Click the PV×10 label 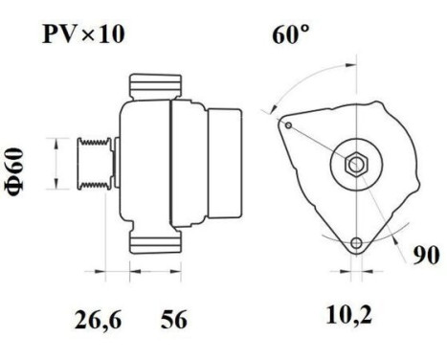(x=82, y=35)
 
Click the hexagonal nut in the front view (x=354, y=164)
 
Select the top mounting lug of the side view (x=153, y=84)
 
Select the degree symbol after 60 (x=305, y=32)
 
